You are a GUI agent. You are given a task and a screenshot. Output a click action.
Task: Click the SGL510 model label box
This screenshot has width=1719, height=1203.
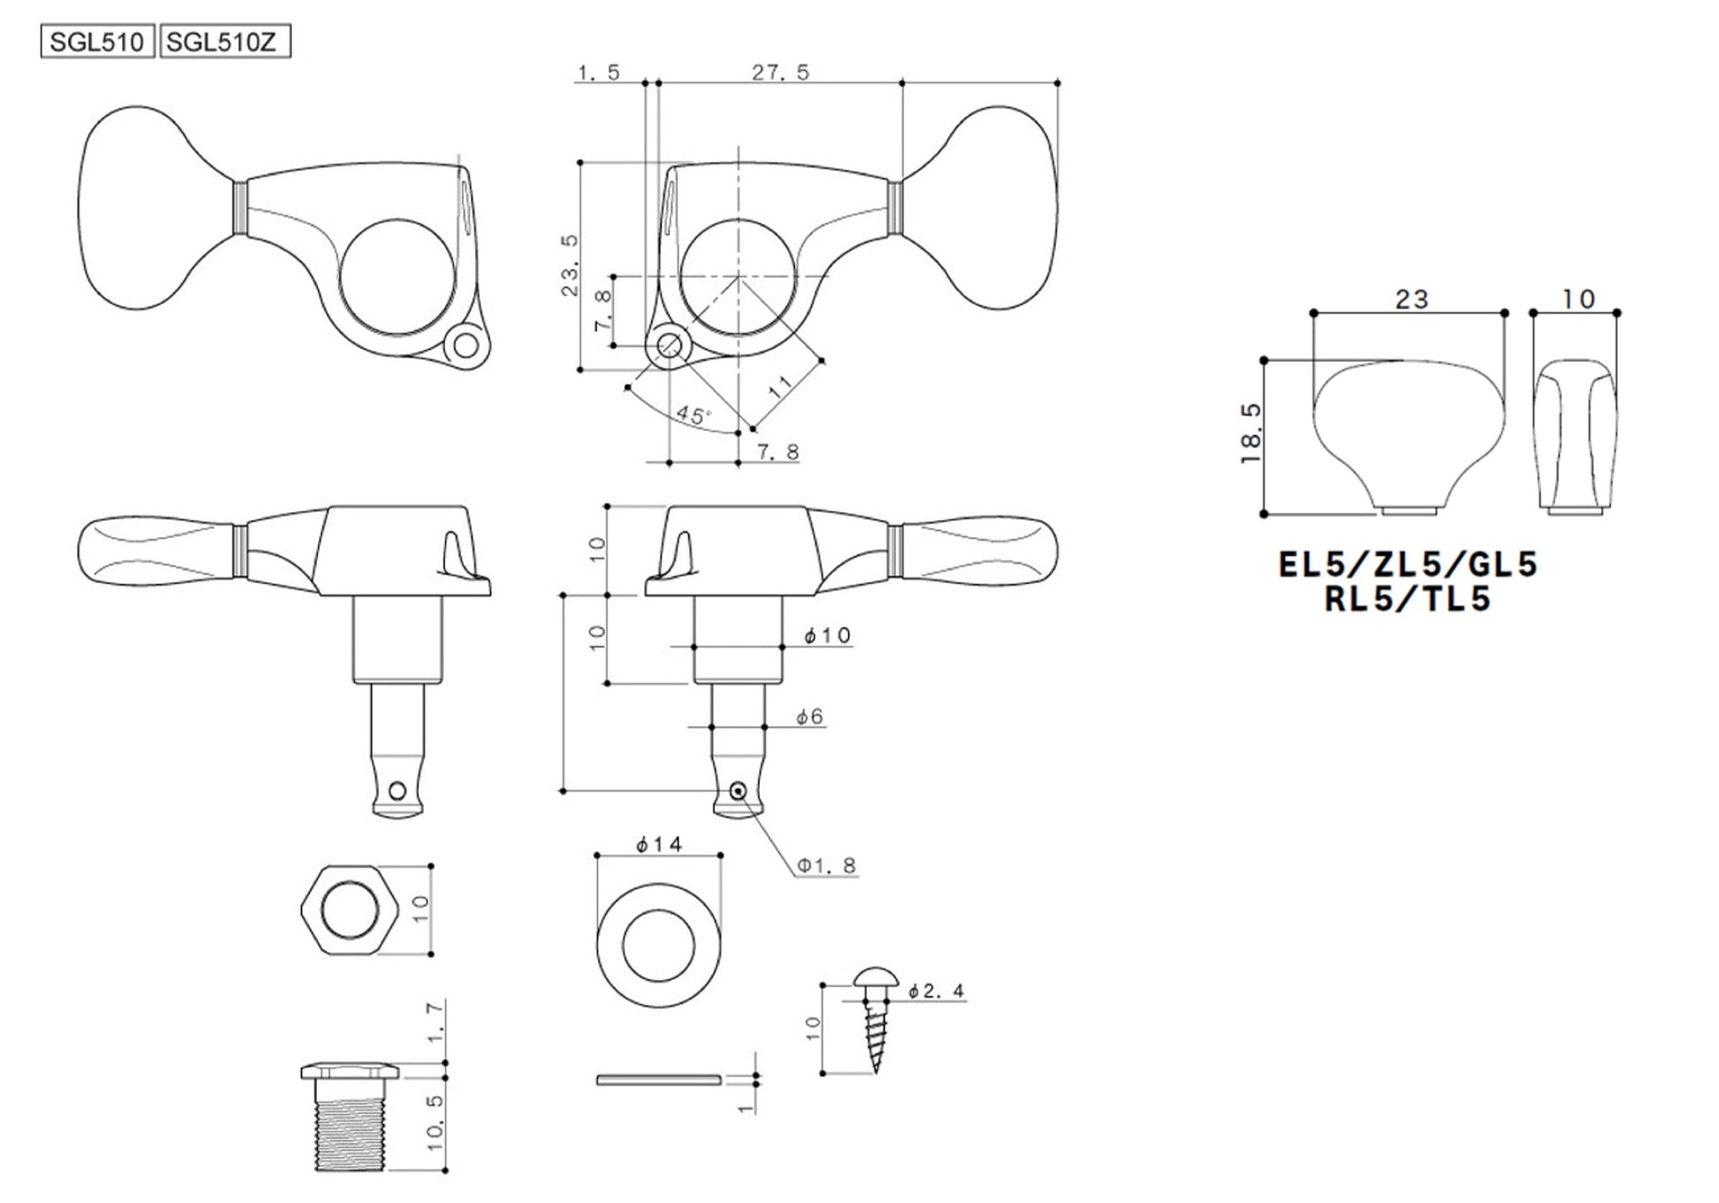tap(98, 42)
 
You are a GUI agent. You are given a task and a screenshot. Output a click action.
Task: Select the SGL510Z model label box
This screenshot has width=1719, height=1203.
tap(224, 42)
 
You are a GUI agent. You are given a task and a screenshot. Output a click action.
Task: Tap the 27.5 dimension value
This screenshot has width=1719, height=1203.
tap(781, 72)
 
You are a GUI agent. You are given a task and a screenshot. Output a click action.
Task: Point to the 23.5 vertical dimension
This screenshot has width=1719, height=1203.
tap(570, 265)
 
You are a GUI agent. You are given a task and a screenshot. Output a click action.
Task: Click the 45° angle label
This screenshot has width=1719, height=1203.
tap(694, 415)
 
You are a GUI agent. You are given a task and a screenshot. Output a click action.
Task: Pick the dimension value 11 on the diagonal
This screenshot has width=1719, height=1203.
tap(781, 387)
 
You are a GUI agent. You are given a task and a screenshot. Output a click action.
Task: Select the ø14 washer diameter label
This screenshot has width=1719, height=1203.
tap(659, 845)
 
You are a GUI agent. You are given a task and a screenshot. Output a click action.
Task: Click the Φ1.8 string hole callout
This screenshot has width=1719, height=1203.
tap(827, 866)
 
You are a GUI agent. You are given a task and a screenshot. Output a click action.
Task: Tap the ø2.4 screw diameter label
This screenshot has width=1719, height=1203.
tap(936, 991)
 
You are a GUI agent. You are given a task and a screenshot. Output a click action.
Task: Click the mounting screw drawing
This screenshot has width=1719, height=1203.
tap(875, 1019)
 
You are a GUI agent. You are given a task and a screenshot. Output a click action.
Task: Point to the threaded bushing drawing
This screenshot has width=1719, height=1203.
tap(350, 1117)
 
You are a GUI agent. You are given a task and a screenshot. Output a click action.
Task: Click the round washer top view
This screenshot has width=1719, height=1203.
tap(659, 945)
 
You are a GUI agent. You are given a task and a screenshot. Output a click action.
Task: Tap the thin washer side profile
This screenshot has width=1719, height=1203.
tap(659, 1079)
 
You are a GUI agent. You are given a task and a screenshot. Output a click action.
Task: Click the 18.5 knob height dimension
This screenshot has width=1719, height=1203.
tap(1251, 435)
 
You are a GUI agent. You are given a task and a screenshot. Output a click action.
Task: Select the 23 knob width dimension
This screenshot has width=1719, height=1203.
tap(1412, 299)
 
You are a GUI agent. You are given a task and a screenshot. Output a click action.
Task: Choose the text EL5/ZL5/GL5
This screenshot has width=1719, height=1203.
tap(1409, 564)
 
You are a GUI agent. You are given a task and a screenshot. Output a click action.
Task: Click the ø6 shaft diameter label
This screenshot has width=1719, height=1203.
tap(809, 716)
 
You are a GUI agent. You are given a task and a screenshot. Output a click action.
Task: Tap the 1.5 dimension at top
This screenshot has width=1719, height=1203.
tap(600, 72)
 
